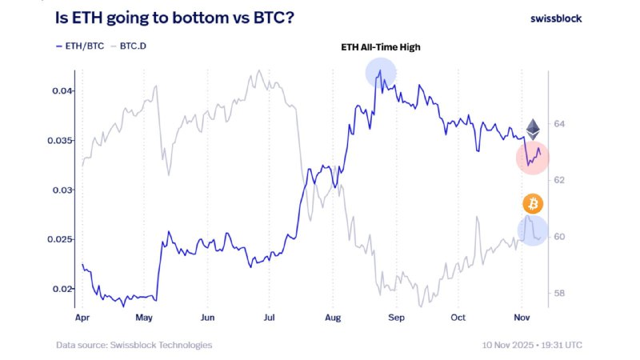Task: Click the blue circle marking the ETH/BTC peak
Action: tap(381, 73)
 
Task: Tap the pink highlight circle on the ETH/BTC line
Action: tap(532, 158)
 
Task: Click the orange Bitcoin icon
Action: tap(533, 204)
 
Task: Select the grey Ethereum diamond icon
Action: tap(533, 129)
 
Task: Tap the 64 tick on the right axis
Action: tap(559, 124)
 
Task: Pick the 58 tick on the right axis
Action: tap(559, 294)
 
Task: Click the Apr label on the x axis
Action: tap(82, 317)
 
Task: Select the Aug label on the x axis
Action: tap(333, 317)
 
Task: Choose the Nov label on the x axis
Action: tap(521, 317)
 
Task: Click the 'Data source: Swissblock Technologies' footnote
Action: tap(134, 345)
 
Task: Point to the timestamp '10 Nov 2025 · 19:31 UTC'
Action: tap(531, 345)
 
